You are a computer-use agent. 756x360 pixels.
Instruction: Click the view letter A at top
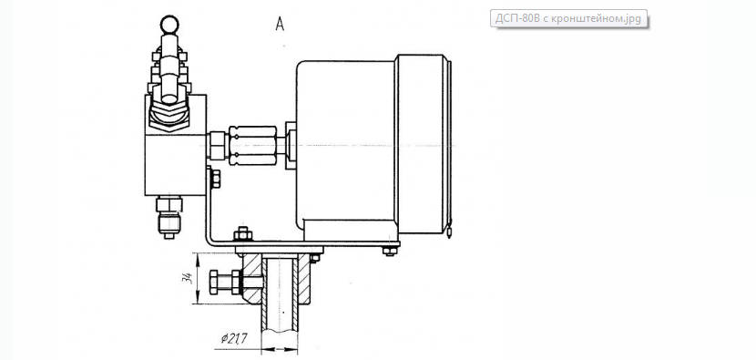pyautogui.click(x=280, y=24)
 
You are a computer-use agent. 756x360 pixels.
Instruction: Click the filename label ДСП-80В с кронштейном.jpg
pyautogui.click(x=569, y=18)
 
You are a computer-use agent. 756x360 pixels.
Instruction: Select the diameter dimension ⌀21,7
pyautogui.click(x=234, y=339)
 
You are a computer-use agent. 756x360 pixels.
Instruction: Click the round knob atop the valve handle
pyautogui.click(x=169, y=25)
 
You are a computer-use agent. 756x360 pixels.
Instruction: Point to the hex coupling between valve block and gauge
pyautogui.click(x=252, y=146)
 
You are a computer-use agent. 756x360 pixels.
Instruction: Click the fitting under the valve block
pyautogui.click(x=169, y=217)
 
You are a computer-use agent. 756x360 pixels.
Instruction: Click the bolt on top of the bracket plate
pyautogui.click(x=242, y=234)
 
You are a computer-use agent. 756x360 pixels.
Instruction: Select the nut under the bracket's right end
pyautogui.click(x=390, y=251)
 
